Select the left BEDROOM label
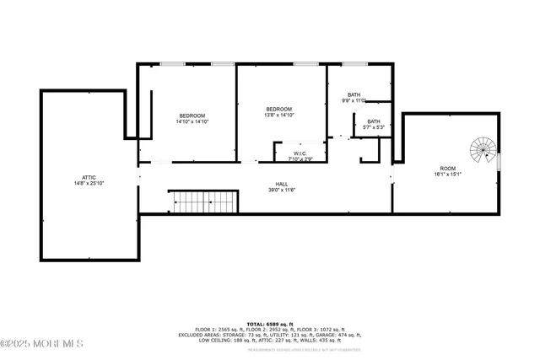pyautogui.click(x=192, y=116)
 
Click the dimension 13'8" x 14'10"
pyautogui.click(x=279, y=116)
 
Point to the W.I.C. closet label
pyautogui.click(x=300, y=153)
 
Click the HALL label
pyautogui.click(x=281, y=184)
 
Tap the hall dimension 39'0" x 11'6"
pyautogui.click(x=281, y=190)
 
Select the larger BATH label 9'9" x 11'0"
pyautogui.click(x=354, y=94)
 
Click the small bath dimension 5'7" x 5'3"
pyautogui.click(x=372, y=127)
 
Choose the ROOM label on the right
pyautogui.click(x=447, y=169)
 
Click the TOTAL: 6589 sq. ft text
pyautogui.click(x=270, y=324)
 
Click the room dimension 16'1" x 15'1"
pyautogui.click(x=447, y=175)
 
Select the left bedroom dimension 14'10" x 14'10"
pyautogui.click(x=192, y=121)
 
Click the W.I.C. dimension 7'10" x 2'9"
pyautogui.click(x=300, y=159)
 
